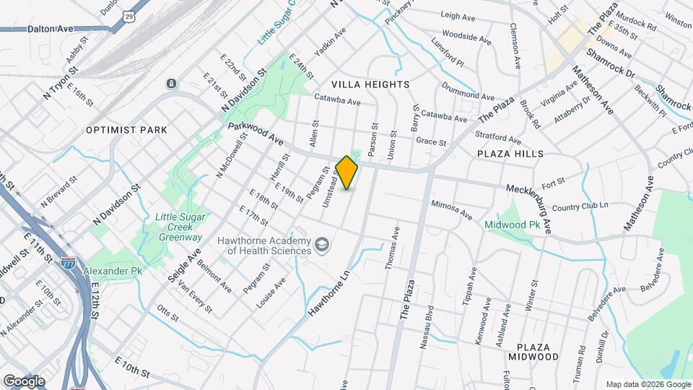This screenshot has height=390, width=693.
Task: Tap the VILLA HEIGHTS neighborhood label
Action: coord(370,84)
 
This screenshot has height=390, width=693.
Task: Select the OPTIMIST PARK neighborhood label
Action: coord(126,130)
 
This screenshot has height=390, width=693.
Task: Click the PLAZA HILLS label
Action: coord(510,154)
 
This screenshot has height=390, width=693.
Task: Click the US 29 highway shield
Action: coord(128,15)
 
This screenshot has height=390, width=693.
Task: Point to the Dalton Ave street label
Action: coord(51,29)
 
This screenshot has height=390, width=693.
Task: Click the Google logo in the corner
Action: coord(24,381)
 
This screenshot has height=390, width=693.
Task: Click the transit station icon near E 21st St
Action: coord(171,84)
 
